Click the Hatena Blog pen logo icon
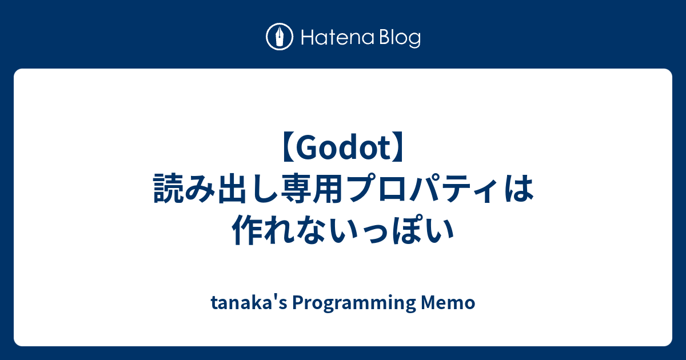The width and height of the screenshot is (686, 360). coord(280,38)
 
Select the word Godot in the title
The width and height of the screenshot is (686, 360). coord(343,150)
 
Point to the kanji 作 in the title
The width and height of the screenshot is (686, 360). coord(247,231)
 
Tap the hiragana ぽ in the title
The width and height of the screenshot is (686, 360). coord(406,231)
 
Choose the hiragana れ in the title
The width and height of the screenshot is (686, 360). coord(279,231)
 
